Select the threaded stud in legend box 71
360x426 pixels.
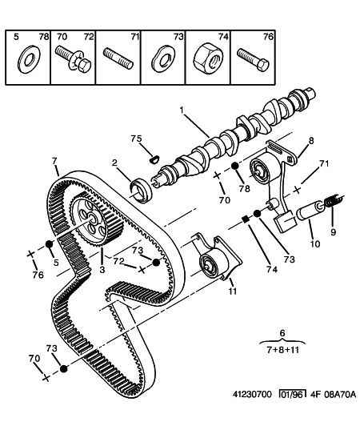click(118, 58)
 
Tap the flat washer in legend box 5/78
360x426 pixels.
click(29, 59)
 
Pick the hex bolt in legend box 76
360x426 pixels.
click(253, 60)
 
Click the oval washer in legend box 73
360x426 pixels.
click(163, 59)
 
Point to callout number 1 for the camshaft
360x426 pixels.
click(182, 110)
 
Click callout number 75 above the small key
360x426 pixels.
click(136, 139)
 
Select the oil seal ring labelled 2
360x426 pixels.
click(141, 190)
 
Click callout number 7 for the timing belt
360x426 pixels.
click(54, 161)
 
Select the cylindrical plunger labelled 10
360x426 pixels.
click(310, 211)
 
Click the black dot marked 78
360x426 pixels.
click(235, 166)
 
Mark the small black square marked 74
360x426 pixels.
click(245, 219)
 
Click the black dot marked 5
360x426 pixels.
click(49, 243)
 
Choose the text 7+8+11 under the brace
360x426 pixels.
click(282, 350)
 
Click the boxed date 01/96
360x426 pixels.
click(292, 394)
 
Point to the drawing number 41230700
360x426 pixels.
click(252, 394)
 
